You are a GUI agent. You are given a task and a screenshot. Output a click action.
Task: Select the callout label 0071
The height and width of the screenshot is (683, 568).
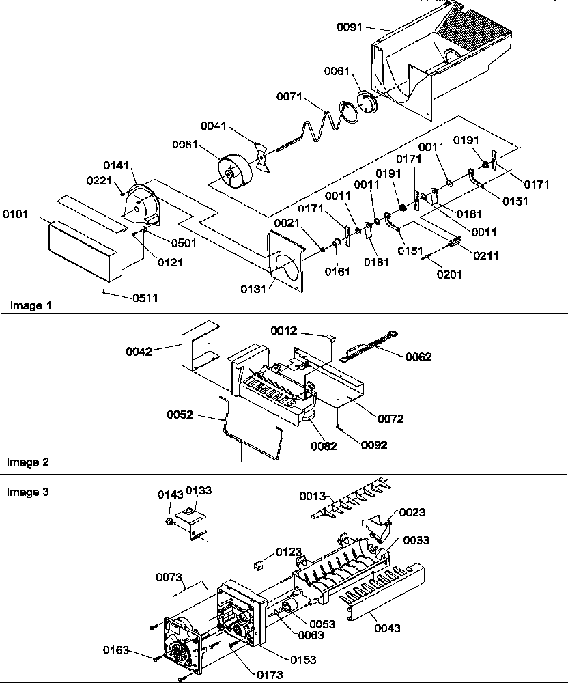pyautogui.click(x=289, y=97)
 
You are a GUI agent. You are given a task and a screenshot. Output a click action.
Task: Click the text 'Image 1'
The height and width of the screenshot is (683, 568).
pyautogui.click(x=31, y=305)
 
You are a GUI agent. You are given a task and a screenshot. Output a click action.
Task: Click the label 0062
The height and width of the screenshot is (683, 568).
pyautogui.click(x=418, y=357)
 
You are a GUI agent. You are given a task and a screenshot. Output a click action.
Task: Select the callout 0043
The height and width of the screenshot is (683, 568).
pyautogui.click(x=387, y=628)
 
